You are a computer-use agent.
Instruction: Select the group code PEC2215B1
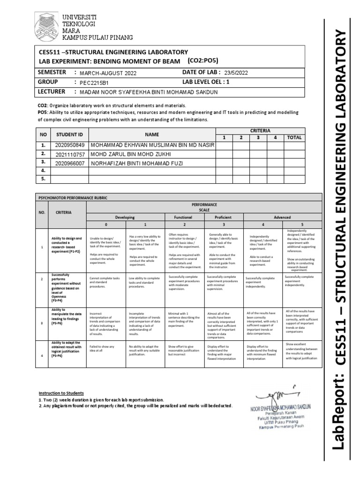pyautogui.click(x=94, y=82)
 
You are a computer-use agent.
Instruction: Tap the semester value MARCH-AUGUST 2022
pyautogui.click(x=107, y=73)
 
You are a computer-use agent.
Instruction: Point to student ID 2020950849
pyautogui.click(x=70, y=145)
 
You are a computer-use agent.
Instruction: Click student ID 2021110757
pyautogui.click(x=70, y=154)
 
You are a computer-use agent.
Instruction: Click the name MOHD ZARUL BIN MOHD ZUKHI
pyautogui.click(x=131, y=154)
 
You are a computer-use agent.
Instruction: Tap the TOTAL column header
pyautogui.click(x=294, y=138)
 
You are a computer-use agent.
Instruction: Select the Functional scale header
pyautogui.click(x=183, y=217)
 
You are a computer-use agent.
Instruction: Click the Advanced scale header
pyautogui.click(x=282, y=217)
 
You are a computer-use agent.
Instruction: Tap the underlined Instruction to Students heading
pyautogui.click(x=61, y=392)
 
